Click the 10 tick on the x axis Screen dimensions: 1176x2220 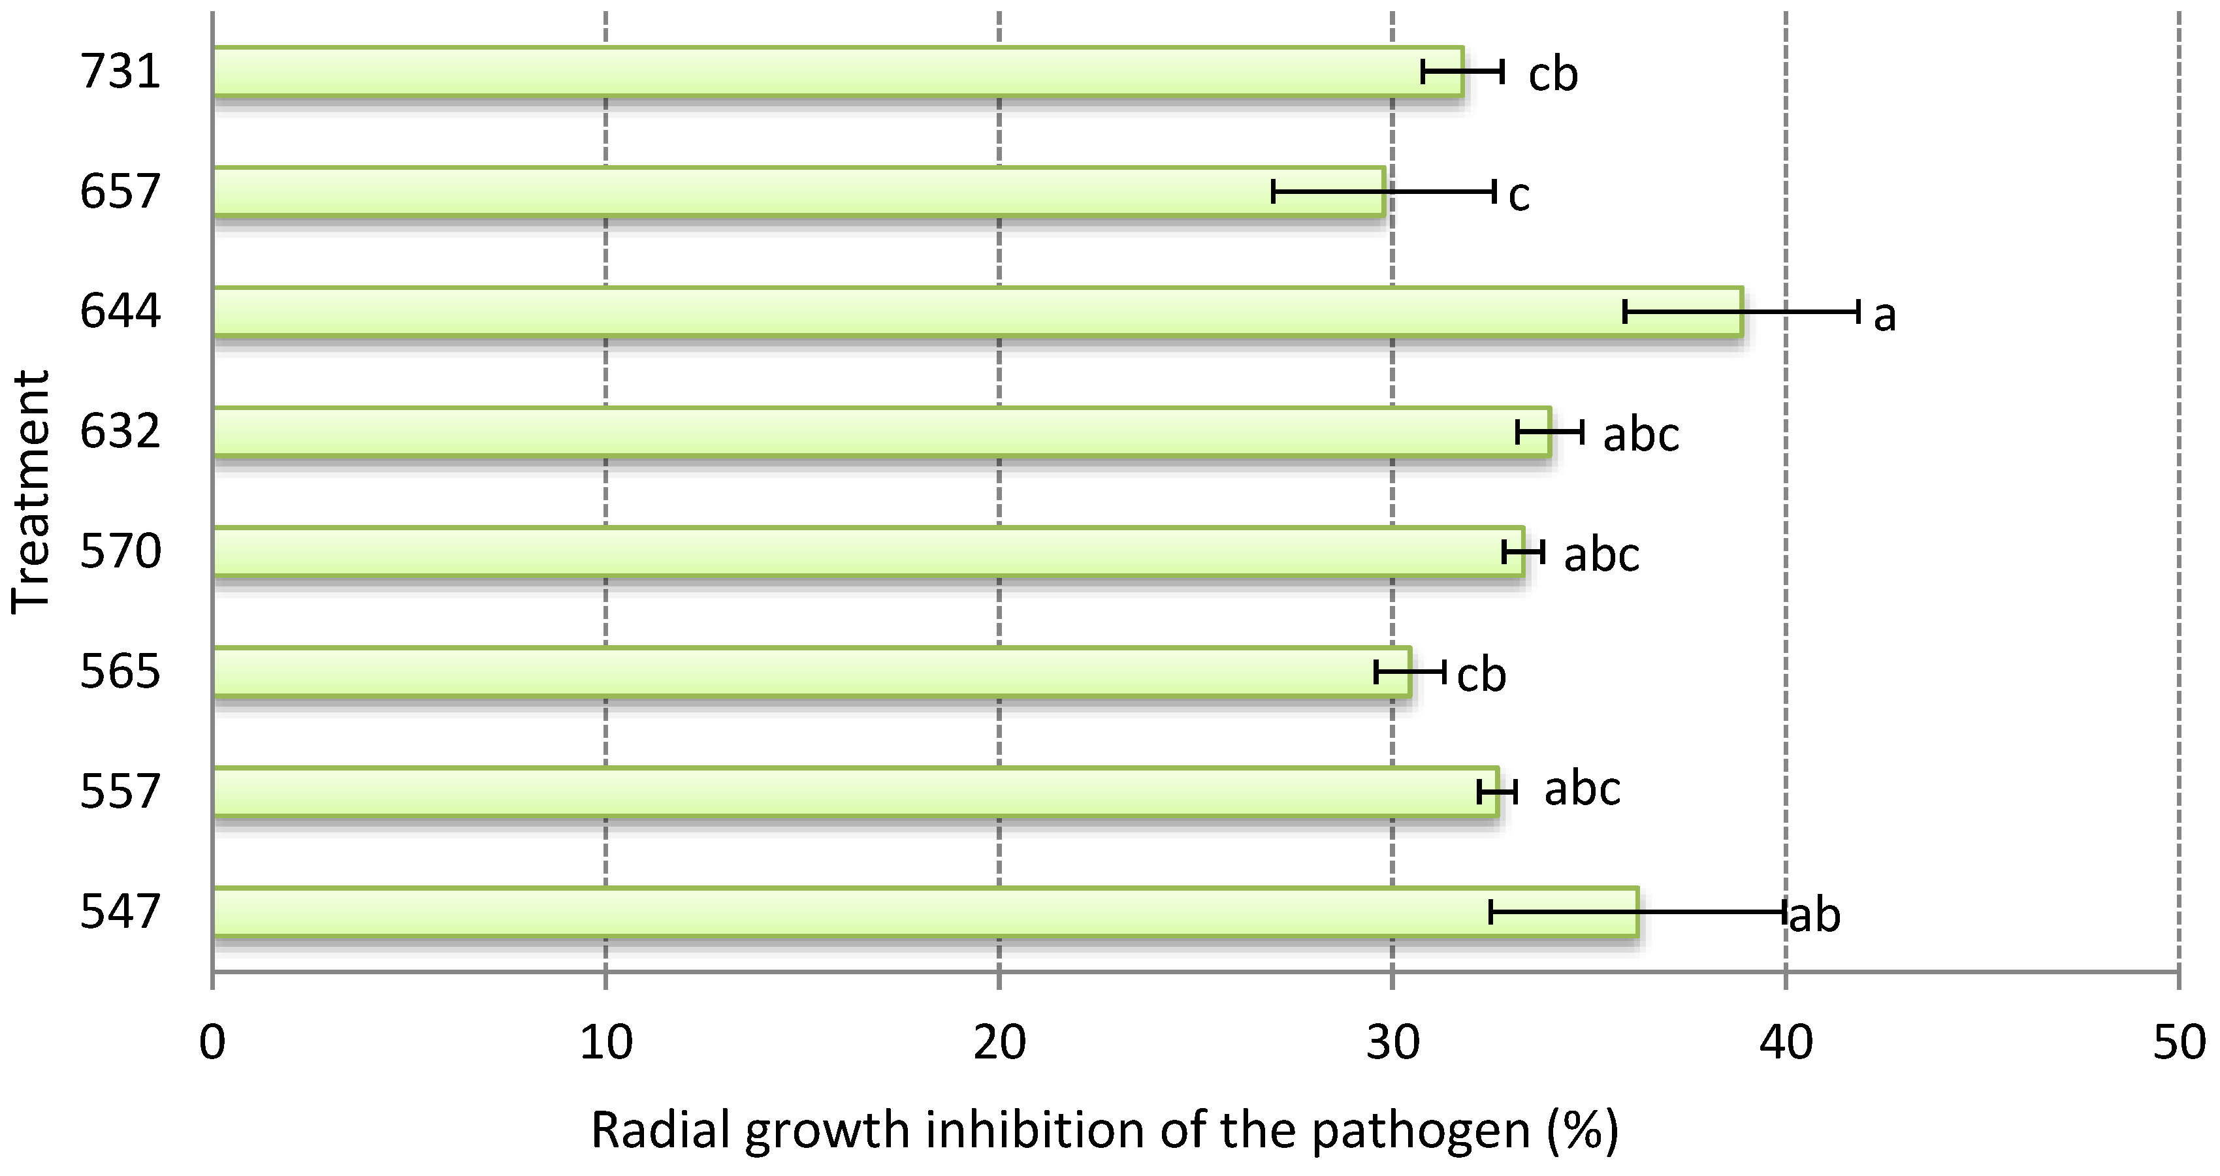[x=606, y=1042]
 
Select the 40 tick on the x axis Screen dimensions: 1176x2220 [x=1786, y=1042]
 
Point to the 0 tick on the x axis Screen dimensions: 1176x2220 [x=212, y=1042]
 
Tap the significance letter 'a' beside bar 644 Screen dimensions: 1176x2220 [x=1885, y=315]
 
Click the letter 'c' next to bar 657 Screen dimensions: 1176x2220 [x=1519, y=196]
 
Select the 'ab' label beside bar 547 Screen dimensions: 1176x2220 [x=1815, y=915]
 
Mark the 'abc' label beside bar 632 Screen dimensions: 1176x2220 [x=1641, y=434]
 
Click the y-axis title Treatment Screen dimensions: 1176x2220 [x=31, y=491]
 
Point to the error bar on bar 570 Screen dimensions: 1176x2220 [x=1523, y=551]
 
